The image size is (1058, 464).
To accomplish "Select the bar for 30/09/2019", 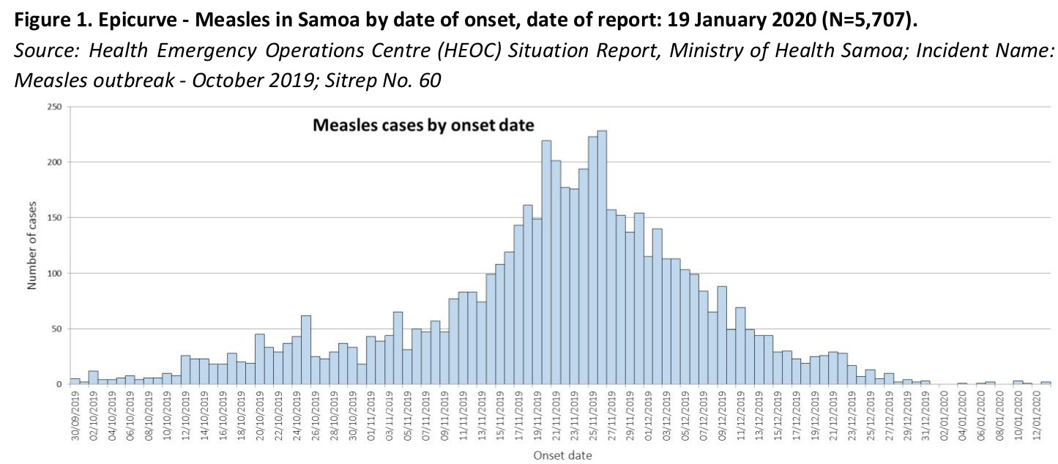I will [x=75, y=381].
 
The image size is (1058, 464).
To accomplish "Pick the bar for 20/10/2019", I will [x=260, y=359].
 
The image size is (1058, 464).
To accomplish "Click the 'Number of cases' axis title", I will [x=32, y=246].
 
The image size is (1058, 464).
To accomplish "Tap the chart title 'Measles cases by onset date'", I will [x=423, y=125].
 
